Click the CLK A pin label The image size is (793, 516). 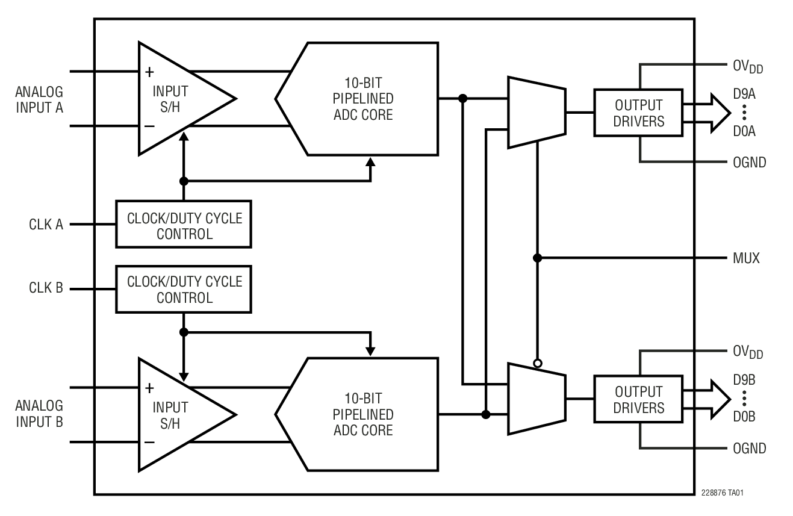[46, 225]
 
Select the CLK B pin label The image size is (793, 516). [46, 288]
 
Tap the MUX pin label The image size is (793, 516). [747, 258]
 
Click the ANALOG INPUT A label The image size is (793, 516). [39, 100]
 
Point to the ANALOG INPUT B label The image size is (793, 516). [39, 413]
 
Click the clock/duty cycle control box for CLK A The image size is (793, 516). [184, 225]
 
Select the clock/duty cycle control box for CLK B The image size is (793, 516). [184, 289]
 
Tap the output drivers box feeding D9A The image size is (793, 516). [638, 112]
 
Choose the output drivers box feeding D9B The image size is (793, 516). [638, 399]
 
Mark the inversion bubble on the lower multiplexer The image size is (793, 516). [538, 363]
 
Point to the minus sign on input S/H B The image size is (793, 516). [149, 442]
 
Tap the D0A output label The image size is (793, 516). [744, 130]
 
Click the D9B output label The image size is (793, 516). [744, 380]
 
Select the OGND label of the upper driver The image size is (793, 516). [749, 162]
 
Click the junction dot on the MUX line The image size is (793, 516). [538, 258]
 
